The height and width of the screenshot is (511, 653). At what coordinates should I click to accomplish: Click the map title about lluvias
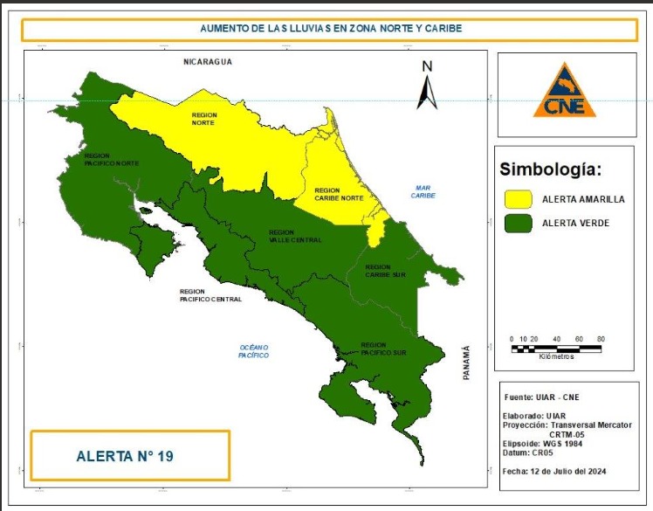click(330, 29)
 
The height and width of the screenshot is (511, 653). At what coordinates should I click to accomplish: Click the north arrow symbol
click(427, 86)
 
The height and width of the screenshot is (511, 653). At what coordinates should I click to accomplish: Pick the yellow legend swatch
click(519, 199)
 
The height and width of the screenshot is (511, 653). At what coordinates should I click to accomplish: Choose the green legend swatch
click(519, 224)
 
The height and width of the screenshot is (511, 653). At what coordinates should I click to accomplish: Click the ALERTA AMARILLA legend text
click(583, 199)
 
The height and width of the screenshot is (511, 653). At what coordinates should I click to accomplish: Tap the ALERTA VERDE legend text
click(575, 224)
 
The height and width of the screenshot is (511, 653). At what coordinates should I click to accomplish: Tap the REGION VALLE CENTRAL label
click(294, 236)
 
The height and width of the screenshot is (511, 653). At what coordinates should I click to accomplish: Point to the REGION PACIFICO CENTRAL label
click(210, 295)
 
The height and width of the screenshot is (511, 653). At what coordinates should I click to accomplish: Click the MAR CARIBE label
click(423, 191)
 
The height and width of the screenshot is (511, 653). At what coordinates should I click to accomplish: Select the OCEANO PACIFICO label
click(254, 351)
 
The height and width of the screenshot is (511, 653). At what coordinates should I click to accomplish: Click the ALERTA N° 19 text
click(130, 455)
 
